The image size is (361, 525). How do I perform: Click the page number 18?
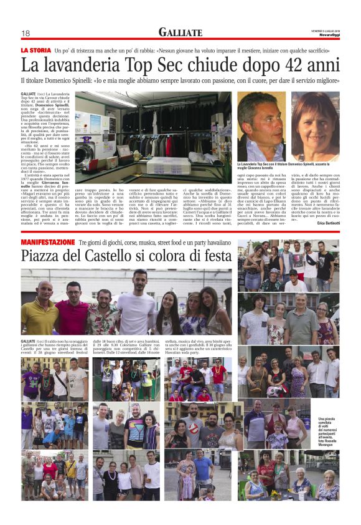(x=26, y=33)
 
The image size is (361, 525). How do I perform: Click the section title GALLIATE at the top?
(x=180, y=32)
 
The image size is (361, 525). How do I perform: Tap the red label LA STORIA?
(x=36, y=50)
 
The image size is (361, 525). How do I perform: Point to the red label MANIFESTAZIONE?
(x=47, y=241)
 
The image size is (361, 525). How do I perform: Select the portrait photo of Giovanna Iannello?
(x=315, y=127)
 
